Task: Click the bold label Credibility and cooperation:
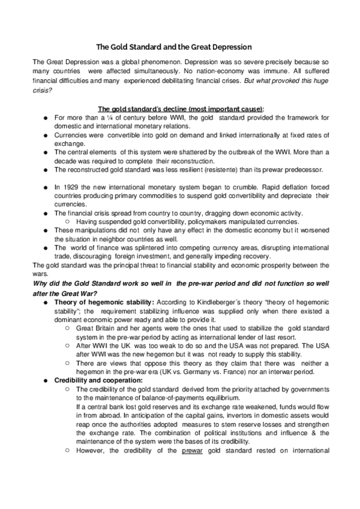point(89,381)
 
